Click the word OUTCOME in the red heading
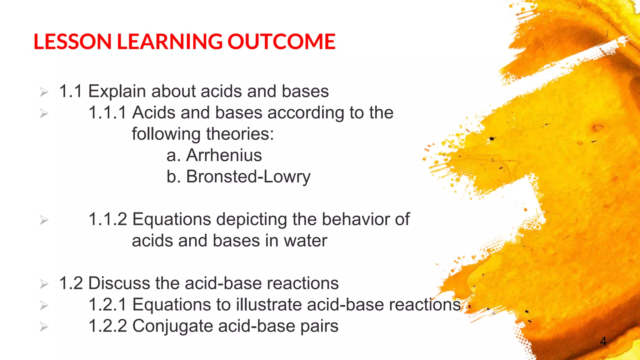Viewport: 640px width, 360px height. (281, 42)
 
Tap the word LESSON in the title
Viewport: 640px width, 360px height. (72, 42)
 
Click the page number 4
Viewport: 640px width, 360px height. (603, 341)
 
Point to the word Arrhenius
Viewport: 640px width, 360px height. (224, 155)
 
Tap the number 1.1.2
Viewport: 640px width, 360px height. (107, 219)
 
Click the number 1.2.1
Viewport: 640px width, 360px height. (107, 305)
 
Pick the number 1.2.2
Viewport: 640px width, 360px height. (107, 326)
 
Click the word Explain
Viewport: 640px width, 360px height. (117, 92)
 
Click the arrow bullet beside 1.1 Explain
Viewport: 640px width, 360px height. (44, 92)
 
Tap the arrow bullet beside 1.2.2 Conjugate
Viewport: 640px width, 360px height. (44, 327)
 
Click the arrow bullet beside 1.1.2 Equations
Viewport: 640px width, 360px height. (44, 220)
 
